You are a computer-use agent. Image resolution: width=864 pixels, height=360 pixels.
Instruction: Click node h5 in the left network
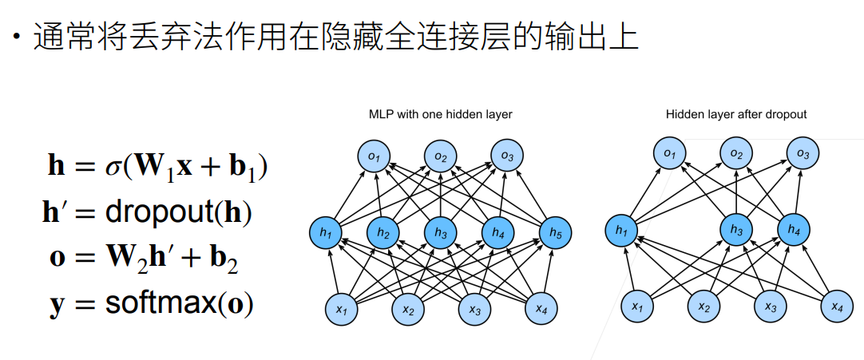pos(555,233)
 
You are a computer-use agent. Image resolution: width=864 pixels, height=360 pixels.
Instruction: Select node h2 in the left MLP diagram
pos(382,233)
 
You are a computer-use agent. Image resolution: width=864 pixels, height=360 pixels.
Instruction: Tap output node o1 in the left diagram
pos(374,155)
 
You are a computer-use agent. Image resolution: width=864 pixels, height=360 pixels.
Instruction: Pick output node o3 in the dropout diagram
pos(803,153)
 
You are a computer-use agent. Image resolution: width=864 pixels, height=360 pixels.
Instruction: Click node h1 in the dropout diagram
pos(622,231)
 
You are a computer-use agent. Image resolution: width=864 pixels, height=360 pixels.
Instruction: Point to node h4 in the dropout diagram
pos(794,230)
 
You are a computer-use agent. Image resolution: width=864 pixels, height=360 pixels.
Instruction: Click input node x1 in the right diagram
pos(636,307)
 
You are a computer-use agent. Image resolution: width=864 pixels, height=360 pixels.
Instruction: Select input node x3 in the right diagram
pos(770,307)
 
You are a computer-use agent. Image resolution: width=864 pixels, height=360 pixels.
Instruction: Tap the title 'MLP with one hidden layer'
pos(440,115)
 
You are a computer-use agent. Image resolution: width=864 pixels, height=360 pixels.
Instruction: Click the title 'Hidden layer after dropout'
pos(736,115)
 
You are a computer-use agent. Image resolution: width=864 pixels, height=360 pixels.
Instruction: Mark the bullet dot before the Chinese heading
pos(17,38)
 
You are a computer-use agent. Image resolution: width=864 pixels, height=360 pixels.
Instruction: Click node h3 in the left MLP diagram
pos(440,233)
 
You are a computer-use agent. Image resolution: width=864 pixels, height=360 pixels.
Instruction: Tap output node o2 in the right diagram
pos(735,153)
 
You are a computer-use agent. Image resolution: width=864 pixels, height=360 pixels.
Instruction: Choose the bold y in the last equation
pos(56,306)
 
